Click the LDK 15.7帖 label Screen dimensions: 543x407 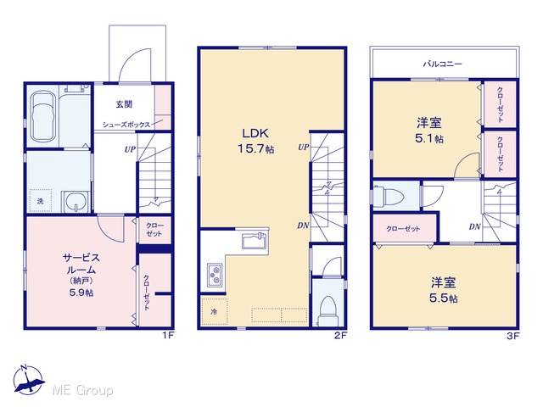256,141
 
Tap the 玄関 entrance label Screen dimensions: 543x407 124,103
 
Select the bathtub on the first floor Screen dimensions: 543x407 43,116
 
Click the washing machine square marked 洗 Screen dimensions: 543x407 41,201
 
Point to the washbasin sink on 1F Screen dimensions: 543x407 76,202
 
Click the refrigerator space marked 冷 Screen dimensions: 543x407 215,311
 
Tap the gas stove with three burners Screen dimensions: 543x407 215,275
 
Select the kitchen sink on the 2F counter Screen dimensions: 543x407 254,241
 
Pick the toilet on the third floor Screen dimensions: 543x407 389,197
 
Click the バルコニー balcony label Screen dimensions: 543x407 443,64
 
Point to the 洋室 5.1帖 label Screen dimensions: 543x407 429,131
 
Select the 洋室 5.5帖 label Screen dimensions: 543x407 444,290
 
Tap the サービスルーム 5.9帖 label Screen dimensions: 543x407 81,275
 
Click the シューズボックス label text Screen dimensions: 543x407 126,125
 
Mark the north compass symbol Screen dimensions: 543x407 28,379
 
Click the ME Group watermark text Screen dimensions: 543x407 82,391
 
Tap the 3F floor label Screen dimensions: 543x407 513,336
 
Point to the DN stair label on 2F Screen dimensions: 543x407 303,226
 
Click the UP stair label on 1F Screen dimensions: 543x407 130,149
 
